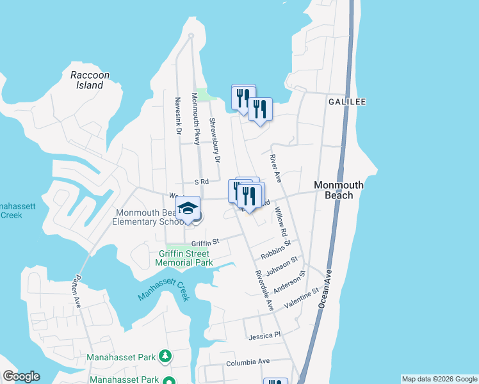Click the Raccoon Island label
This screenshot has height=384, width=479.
pos(90,80)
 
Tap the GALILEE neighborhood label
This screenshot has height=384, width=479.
pos(346,102)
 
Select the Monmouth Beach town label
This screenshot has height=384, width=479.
pos(339,190)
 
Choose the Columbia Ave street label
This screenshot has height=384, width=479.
pos(248,362)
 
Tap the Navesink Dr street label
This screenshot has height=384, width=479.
pos(179,116)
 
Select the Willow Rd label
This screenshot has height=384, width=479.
pos(280,221)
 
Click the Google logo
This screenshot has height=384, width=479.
pos(20,376)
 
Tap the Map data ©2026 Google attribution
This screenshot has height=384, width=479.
pos(439,379)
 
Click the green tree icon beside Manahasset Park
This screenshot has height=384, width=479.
pos(165,356)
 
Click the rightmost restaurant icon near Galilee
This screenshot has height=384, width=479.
pos(260,108)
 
